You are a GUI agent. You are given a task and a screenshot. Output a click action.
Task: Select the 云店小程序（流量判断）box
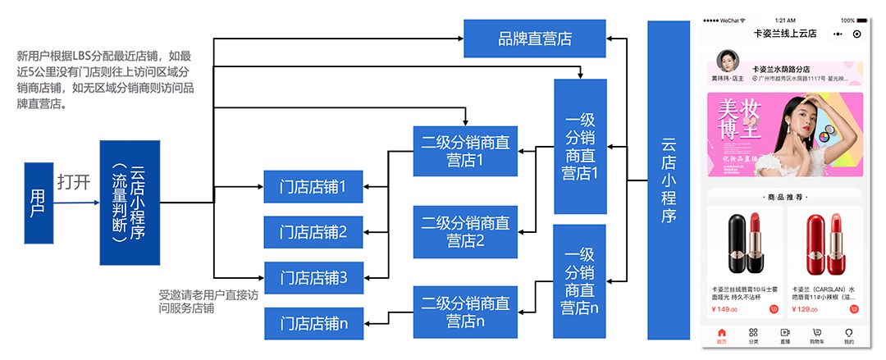tap(130, 203)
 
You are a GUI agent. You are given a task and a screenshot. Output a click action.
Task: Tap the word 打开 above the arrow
tap(74, 182)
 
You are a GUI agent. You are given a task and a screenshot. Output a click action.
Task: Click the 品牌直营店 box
tap(535, 39)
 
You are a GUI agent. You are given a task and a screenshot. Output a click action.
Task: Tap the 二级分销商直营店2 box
tap(465, 231)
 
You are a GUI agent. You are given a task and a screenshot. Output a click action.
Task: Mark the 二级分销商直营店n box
tap(465, 312)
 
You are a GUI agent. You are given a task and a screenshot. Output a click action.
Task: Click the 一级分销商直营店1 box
tap(580, 146)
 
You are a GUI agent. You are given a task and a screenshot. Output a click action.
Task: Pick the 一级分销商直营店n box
tap(580, 281)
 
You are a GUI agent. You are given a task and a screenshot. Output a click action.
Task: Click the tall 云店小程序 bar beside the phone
tap(669, 180)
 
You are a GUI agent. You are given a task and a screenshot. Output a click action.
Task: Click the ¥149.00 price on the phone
tap(724, 310)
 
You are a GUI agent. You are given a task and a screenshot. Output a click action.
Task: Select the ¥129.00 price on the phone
tap(805, 310)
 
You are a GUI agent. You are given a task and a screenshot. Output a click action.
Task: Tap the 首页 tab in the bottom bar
tap(721, 336)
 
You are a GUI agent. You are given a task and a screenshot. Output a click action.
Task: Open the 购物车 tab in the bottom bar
tap(816, 336)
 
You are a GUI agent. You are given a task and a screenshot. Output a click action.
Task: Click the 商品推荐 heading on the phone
tap(785, 198)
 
